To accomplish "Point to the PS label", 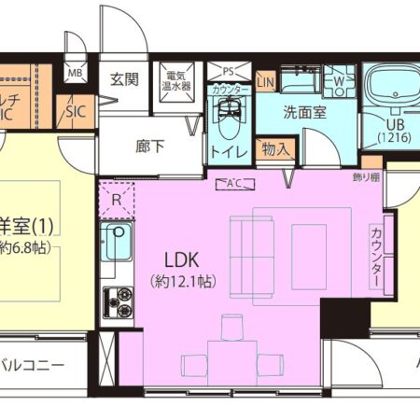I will (227, 70).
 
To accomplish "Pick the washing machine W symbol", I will (337, 82).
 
